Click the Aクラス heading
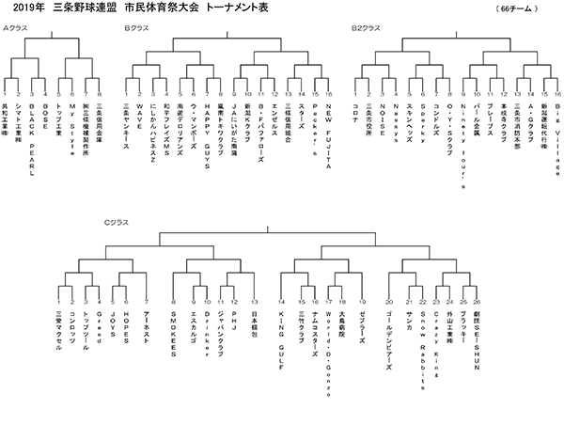pyautogui.click(x=16, y=28)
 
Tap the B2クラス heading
pyautogui.click(x=365, y=28)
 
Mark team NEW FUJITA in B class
pyautogui.click(x=328, y=128)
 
